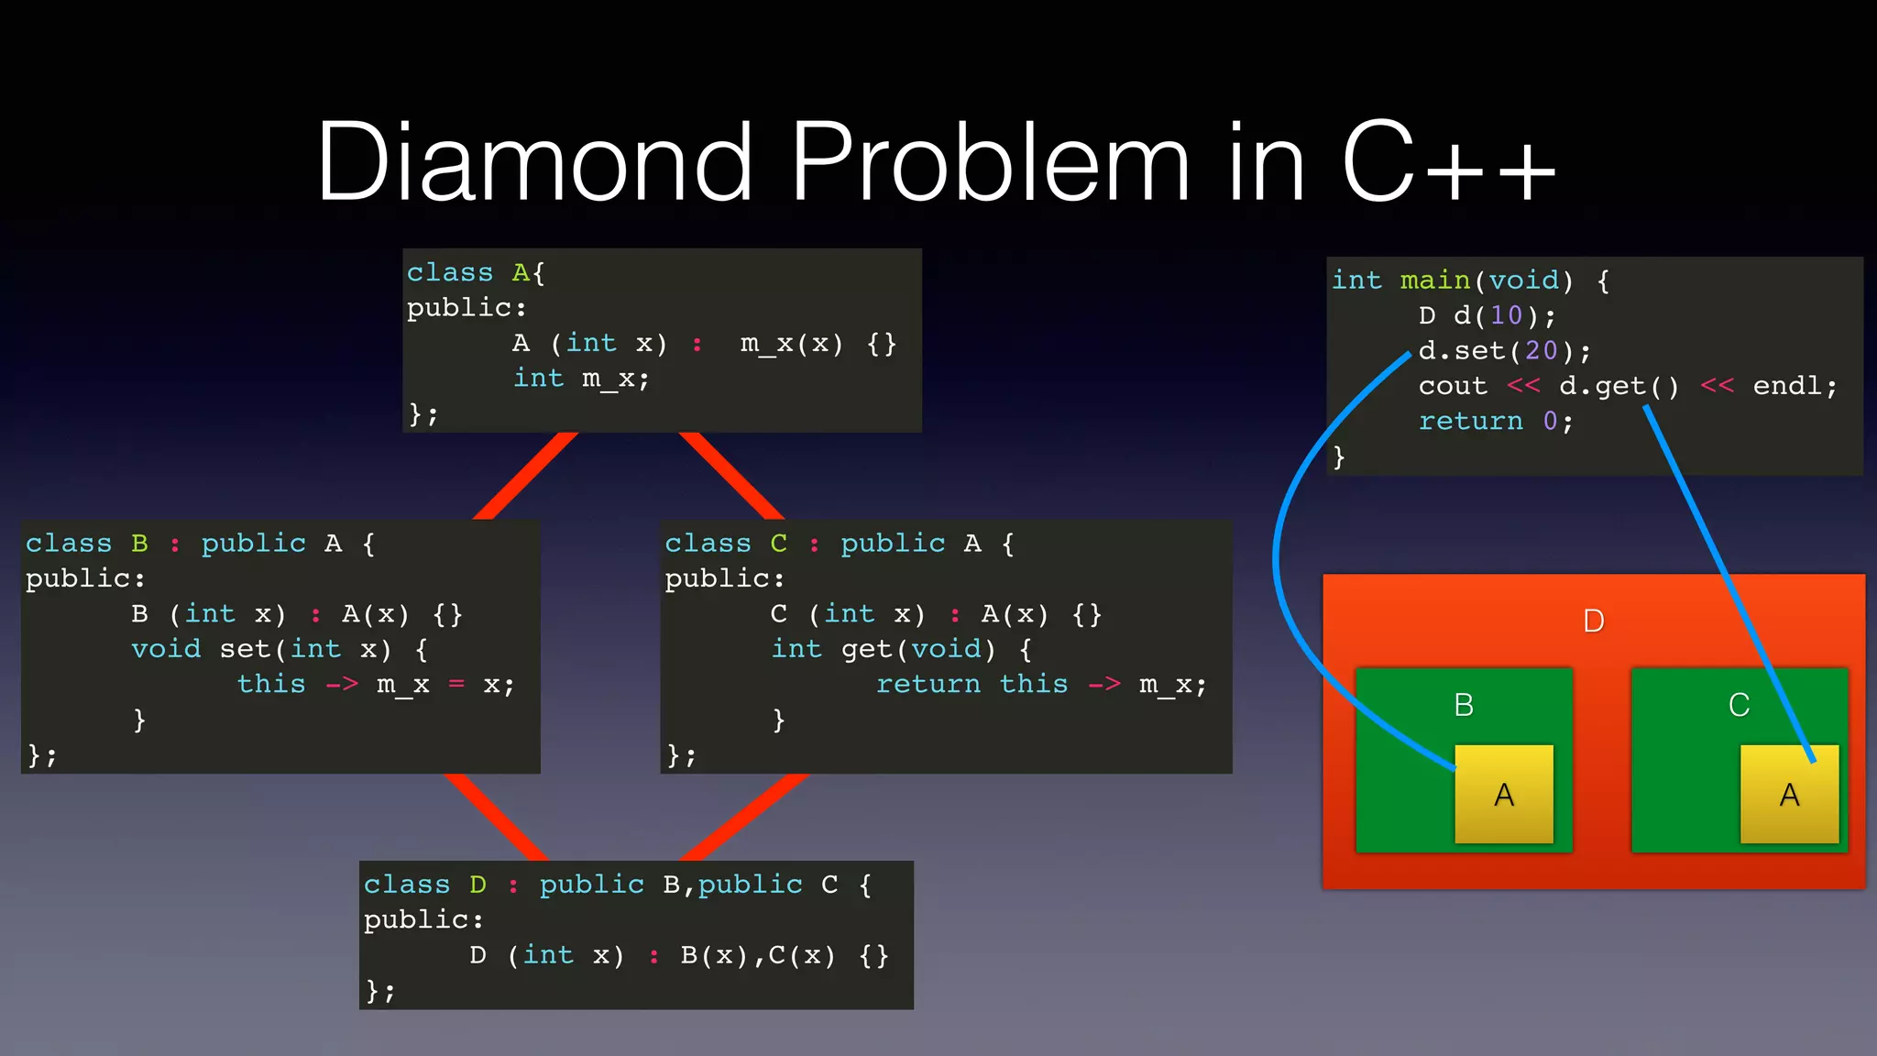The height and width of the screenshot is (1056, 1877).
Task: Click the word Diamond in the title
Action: (x=535, y=162)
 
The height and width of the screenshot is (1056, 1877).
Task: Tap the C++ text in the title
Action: (x=1448, y=162)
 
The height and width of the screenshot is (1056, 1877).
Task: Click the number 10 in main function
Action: (x=1506, y=315)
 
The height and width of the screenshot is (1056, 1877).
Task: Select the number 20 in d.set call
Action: (x=1541, y=350)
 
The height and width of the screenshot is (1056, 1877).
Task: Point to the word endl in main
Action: (x=1787, y=386)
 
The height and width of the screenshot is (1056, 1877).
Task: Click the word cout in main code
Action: (x=1453, y=386)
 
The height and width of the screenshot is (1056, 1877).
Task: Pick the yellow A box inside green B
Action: (x=1504, y=794)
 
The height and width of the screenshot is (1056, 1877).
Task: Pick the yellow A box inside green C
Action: (x=1789, y=794)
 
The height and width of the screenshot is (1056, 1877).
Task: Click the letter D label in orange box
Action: (x=1594, y=621)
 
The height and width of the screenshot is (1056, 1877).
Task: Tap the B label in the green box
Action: (x=1464, y=705)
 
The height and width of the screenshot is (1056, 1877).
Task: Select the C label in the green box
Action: (x=1739, y=705)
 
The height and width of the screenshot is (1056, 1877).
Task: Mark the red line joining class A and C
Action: (x=731, y=476)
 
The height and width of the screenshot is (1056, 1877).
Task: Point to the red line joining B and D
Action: (x=495, y=817)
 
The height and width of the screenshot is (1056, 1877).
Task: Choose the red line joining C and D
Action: (x=744, y=817)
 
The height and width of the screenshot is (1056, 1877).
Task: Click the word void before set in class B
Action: (x=166, y=649)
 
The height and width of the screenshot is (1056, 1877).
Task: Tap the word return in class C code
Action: (x=928, y=684)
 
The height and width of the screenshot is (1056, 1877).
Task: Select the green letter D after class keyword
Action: (x=477, y=885)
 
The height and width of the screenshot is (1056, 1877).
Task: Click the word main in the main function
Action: (x=1434, y=280)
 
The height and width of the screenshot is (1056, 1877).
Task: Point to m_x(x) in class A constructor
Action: (x=791, y=344)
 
